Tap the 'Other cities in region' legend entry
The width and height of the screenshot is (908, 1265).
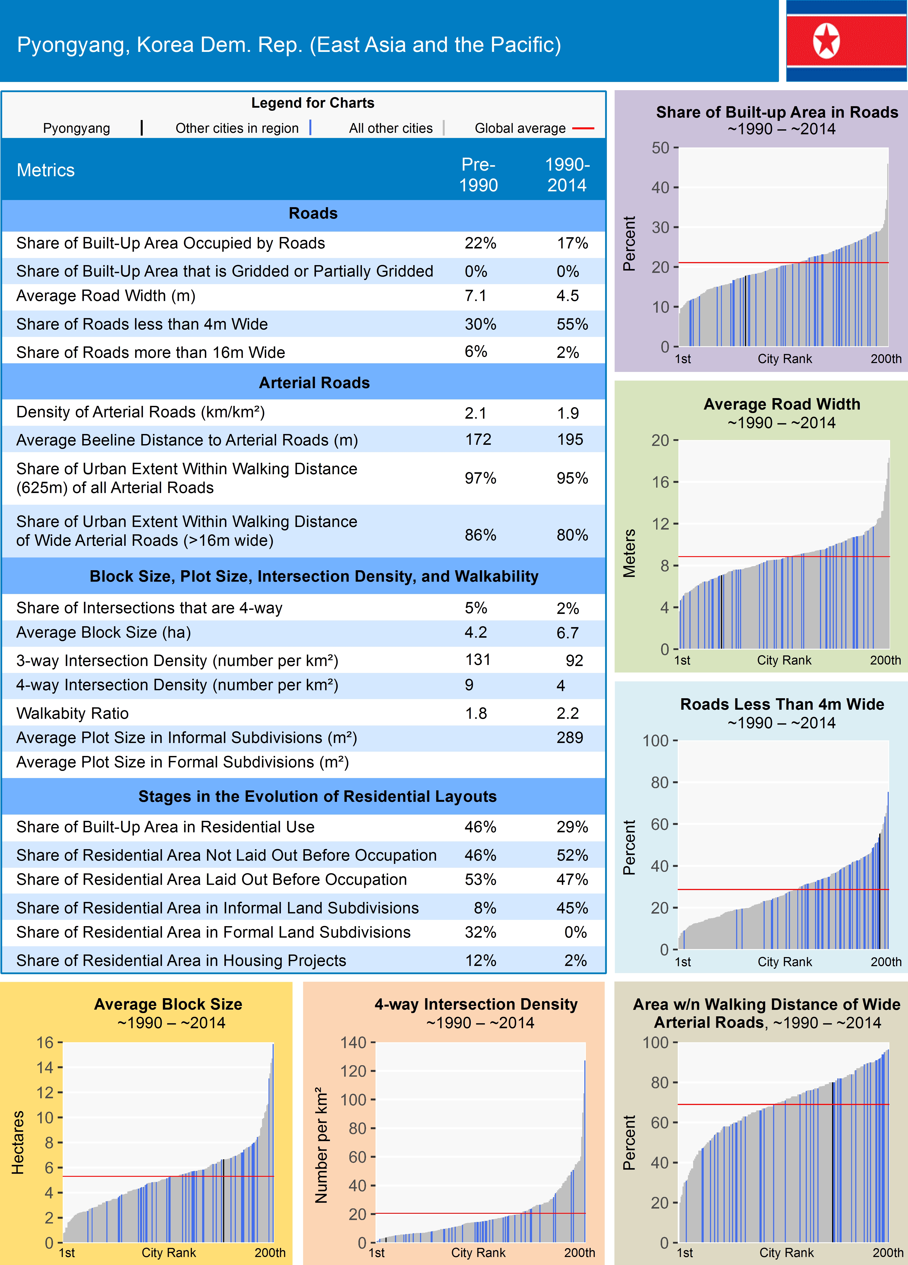237,128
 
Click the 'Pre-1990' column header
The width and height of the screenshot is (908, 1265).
478,175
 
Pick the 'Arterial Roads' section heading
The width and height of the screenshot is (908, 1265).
314,383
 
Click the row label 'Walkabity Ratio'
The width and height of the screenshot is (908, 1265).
72,713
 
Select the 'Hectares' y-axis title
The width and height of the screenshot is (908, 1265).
18,1142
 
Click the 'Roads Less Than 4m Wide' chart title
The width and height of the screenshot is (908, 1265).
781,704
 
